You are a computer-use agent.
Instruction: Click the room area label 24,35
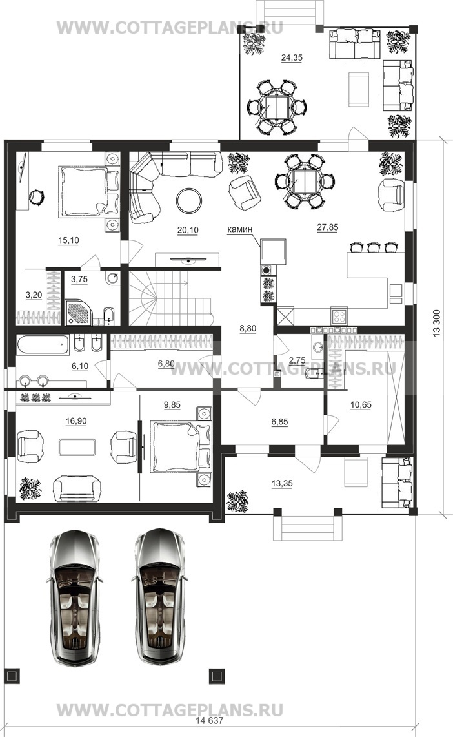292,58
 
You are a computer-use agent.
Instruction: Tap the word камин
240,229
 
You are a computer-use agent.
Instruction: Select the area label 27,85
328,227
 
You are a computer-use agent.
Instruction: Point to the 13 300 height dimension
437,323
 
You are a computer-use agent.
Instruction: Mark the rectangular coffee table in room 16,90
77,447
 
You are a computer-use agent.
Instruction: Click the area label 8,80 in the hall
248,329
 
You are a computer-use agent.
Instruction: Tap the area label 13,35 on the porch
282,483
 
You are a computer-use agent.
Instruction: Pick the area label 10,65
361,405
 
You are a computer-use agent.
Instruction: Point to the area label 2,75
297,360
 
